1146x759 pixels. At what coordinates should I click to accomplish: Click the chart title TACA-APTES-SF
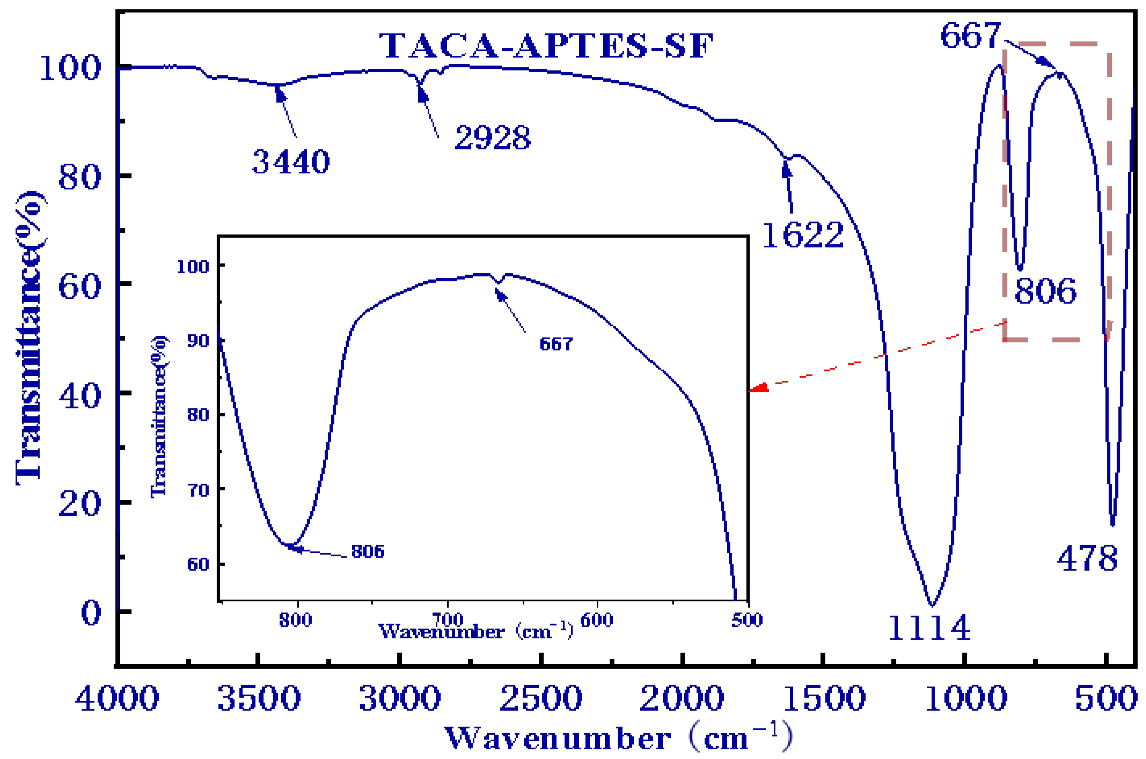(x=546, y=46)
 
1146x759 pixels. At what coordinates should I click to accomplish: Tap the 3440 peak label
(x=291, y=162)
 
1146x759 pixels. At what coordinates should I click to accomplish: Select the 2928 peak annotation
(x=493, y=137)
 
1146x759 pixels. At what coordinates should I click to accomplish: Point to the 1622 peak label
(x=803, y=236)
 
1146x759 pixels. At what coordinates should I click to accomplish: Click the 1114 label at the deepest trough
(x=930, y=628)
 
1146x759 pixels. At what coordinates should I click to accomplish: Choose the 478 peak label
(x=1087, y=559)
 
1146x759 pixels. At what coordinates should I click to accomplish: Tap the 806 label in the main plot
(x=1045, y=291)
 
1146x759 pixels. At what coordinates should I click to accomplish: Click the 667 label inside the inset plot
(x=556, y=344)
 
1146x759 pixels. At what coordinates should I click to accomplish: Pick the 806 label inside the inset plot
(x=368, y=551)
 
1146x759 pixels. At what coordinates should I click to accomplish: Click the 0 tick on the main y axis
(x=91, y=613)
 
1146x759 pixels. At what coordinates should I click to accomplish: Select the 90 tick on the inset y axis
(x=198, y=341)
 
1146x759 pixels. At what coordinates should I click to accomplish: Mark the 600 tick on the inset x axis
(x=597, y=620)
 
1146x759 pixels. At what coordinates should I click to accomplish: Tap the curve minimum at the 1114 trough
(x=932, y=605)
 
